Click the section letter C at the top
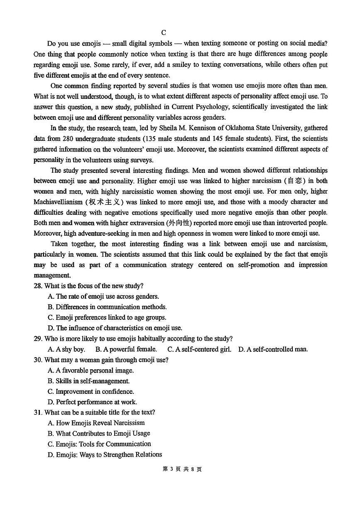point(164,32)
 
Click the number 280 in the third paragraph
point(64,139)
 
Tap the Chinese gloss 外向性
point(179,223)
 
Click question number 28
point(38,286)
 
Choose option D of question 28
point(115,328)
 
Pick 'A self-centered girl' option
point(199,349)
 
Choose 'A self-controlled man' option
point(273,349)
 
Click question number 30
point(38,360)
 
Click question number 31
point(38,412)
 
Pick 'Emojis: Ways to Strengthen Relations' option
point(105,455)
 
